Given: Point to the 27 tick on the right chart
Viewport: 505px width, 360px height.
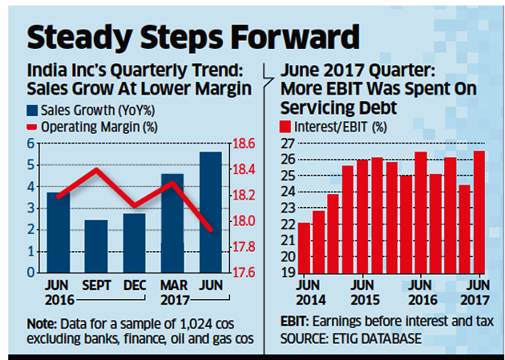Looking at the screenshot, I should coord(285,144).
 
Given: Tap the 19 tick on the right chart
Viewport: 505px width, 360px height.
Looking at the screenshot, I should coord(285,273).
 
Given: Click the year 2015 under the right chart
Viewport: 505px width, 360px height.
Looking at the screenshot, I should coord(362,300).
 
